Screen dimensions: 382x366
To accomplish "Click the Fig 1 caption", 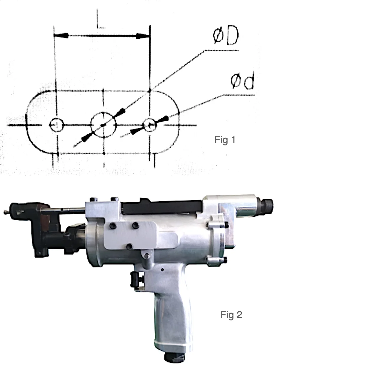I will (225, 140).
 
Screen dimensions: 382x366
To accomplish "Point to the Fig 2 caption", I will (231, 315).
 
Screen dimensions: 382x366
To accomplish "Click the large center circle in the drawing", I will (103, 124).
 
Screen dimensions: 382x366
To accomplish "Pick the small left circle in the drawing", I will (56, 124).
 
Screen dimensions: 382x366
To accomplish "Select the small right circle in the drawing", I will (150, 125).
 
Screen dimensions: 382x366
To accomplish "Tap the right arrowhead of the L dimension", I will (143, 36).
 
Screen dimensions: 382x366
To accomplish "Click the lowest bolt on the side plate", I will (130, 246).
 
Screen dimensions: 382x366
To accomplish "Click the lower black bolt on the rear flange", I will (225, 260).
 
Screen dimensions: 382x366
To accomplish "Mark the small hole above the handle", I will (162, 270).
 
